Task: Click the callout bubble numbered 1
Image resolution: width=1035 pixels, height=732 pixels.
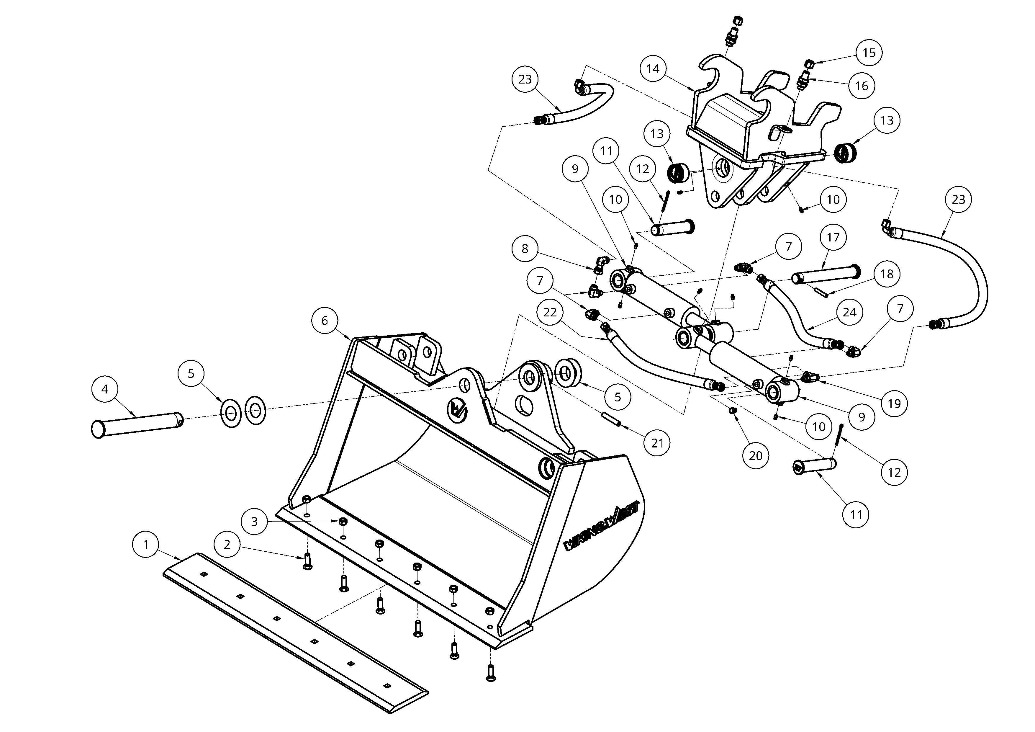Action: point(146,545)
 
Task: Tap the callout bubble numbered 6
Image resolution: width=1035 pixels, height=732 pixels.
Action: point(325,321)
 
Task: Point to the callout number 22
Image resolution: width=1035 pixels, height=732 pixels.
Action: point(550,312)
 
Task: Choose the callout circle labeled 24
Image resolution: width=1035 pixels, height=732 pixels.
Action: point(850,312)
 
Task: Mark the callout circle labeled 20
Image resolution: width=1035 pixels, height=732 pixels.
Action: point(756,455)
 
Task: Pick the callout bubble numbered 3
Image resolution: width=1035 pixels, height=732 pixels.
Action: point(254,521)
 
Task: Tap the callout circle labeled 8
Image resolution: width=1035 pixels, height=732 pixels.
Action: point(525,249)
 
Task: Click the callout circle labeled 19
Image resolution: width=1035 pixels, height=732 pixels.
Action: point(894,403)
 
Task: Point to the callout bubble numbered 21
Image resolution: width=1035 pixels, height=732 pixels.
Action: point(658,443)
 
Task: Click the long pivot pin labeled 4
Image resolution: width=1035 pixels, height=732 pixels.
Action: point(137,424)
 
